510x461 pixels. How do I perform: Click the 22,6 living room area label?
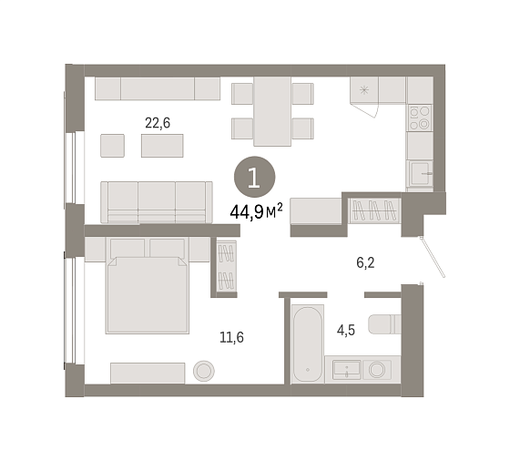coord(158,123)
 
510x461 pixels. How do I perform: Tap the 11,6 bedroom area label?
coord(231,337)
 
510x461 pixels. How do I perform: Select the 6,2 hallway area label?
coord(365,262)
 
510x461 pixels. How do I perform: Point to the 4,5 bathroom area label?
coord(346,331)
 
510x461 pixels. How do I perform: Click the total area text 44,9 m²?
coord(256,212)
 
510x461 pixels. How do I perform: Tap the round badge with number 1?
coord(255,177)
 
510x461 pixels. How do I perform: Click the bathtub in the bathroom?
coord(308,343)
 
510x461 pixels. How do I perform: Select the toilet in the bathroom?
coord(384,324)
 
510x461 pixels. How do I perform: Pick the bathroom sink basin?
coord(346,370)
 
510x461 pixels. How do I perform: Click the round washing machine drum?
coord(377,370)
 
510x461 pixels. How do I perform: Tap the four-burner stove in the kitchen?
coord(420,118)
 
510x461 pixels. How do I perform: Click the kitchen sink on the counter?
coord(420,173)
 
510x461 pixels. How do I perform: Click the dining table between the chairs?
coord(272,111)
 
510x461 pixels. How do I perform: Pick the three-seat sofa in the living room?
coord(157,202)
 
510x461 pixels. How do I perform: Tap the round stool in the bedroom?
coord(204,371)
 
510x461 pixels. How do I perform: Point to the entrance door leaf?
coord(433,257)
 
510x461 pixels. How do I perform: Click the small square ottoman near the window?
coord(112,146)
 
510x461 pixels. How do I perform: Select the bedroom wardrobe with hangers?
coord(227,267)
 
